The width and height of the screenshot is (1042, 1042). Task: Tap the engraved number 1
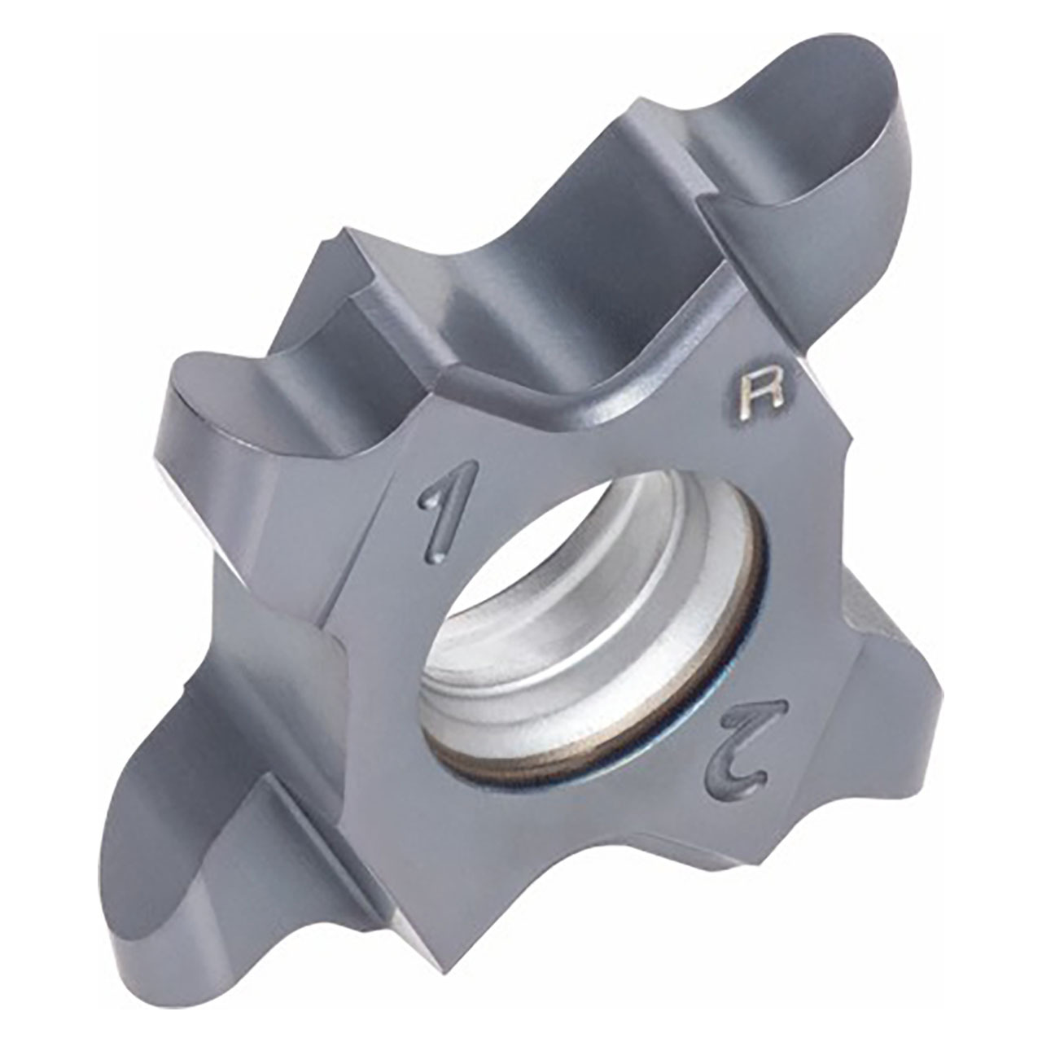click(440, 516)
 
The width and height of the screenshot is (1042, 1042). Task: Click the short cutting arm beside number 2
click(895, 692)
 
